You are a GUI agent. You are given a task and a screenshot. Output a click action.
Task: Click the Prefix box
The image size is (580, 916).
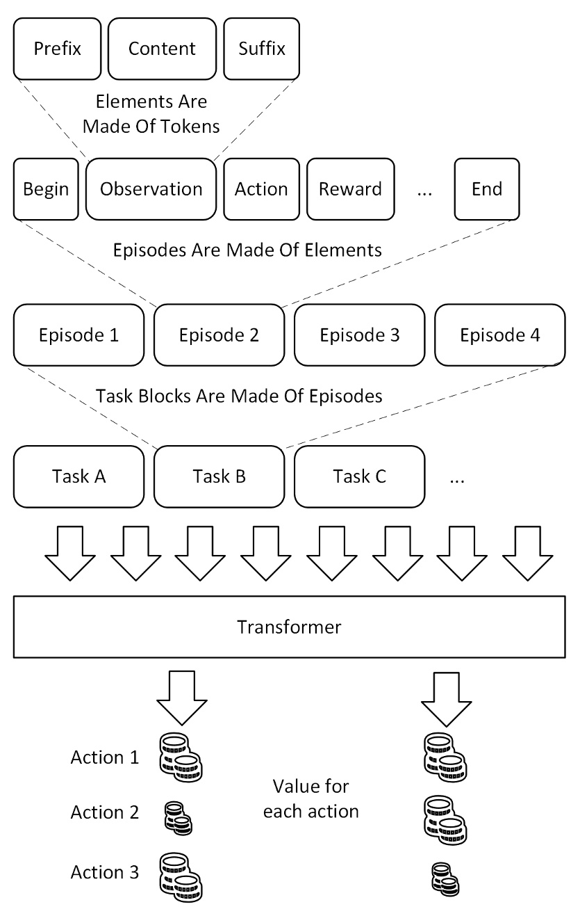[x=58, y=49]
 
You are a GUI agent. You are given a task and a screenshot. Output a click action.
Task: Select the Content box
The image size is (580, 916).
[x=162, y=49]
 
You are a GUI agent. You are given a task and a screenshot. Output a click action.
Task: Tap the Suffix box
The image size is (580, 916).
[x=261, y=49]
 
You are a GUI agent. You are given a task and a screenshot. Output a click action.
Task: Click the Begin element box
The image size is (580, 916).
[x=46, y=188]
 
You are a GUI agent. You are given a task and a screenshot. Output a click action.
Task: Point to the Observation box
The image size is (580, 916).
[x=151, y=188]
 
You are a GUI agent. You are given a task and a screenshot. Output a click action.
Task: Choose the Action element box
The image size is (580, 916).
[x=261, y=188]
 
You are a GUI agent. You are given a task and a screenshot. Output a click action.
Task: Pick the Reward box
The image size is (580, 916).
[x=350, y=188]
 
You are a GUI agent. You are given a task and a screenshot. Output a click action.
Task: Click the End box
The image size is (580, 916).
[x=486, y=188]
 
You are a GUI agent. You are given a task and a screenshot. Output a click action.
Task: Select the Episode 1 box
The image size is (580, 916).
[x=78, y=335]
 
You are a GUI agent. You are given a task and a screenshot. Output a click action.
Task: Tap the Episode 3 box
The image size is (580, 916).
[x=359, y=335]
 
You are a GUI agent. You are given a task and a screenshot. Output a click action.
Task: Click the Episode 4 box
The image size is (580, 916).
[x=499, y=335]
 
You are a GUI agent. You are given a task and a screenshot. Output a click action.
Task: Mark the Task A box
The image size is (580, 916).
[x=78, y=476]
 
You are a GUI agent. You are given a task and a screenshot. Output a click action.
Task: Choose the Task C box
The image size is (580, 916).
[x=359, y=476]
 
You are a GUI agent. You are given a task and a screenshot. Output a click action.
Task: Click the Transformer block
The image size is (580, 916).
[x=289, y=627]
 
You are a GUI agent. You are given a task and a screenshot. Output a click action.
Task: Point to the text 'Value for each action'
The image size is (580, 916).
[x=310, y=798]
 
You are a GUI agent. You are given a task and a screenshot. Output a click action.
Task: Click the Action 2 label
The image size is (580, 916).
[x=104, y=812]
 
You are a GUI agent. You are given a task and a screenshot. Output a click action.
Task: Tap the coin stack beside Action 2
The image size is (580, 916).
[x=178, y=817]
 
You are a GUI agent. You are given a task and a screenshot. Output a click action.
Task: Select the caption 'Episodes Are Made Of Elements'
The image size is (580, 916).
[x=247, y=250]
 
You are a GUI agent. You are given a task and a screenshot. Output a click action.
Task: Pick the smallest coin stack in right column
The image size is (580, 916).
[x=445, y=878]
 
